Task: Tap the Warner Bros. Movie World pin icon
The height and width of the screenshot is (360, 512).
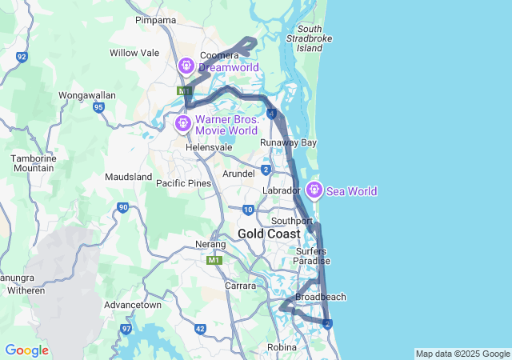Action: point(183,123)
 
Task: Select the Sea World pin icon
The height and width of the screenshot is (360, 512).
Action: point(314,190)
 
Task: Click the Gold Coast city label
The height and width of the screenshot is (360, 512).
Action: point(269,234)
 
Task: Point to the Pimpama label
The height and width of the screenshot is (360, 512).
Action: point(154,20)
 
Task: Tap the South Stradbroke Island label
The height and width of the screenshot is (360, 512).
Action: point(310,38)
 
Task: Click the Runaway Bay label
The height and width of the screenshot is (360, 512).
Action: point(288,143)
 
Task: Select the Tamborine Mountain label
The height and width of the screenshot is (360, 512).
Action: point(33,163)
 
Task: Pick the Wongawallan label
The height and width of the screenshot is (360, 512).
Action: point(87,95)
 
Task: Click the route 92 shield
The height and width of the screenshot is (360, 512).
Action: point(22,57)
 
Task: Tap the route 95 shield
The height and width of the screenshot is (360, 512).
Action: point(98,106)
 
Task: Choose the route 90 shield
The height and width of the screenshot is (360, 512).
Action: point(122,208)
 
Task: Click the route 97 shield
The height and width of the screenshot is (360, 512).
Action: point(126,329)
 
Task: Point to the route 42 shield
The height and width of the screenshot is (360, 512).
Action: point(200,329)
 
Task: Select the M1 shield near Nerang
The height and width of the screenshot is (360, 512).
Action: point(214,260)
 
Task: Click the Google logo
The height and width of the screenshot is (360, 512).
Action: point(26,350)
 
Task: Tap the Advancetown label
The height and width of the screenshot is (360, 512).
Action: point(133,305)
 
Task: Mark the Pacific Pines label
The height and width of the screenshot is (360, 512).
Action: point(183,183)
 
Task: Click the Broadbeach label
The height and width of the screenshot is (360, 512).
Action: point(321,297)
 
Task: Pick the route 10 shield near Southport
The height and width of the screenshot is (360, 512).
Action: point(248,210)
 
